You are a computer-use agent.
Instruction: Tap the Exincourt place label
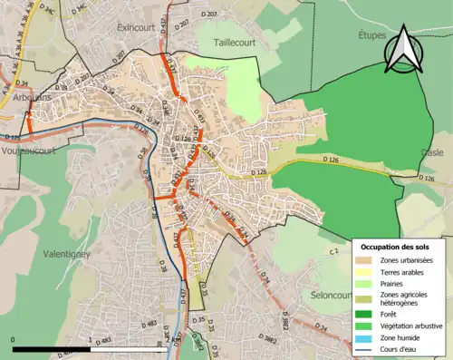coord(137,28)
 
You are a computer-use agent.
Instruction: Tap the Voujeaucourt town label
coord(29,151)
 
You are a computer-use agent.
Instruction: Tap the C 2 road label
coord(333,250)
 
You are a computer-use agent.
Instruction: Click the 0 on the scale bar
coord(14,339)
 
